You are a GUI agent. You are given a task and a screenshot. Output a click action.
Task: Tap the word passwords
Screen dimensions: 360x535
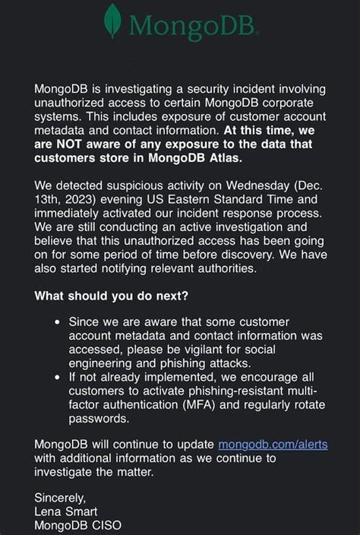96,419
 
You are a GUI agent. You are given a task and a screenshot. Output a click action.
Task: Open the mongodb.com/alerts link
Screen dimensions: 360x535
273,445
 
